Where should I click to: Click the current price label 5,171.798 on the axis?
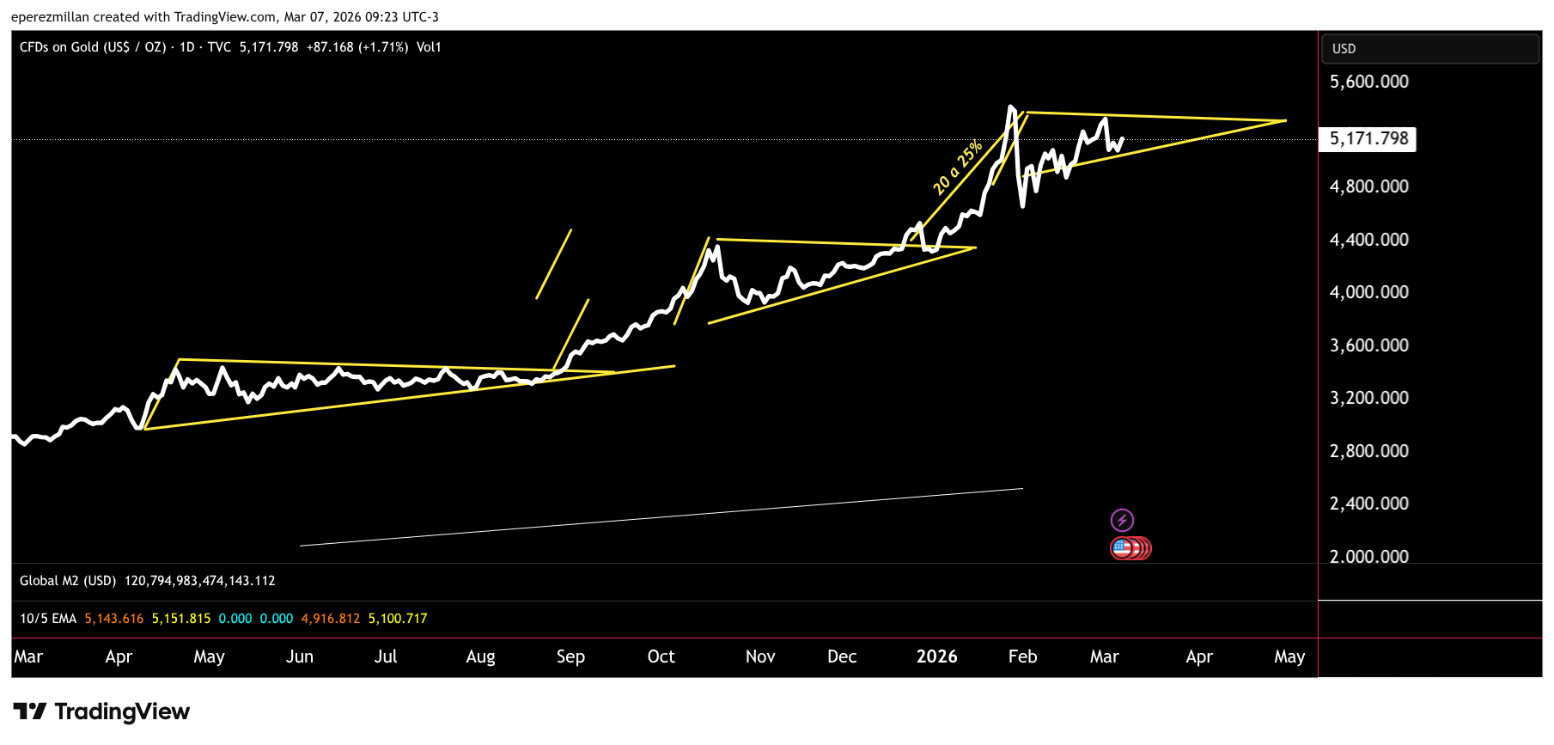(1368, 138)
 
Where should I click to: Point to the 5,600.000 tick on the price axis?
(1368, 82)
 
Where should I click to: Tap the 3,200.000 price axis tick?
(1368, 398)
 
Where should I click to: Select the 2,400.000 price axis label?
(1368, 504)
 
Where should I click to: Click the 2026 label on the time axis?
(936, 656)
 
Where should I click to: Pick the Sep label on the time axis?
(570, 656)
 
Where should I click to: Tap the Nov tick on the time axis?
(760, 656)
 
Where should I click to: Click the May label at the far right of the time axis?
(1289, 656)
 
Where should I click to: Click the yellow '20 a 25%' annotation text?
(957, 167)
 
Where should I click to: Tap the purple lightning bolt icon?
(1122, 520)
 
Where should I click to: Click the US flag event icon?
(1122, 547)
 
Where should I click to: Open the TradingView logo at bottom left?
(101, 711)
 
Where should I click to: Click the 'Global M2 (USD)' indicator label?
(68, 581)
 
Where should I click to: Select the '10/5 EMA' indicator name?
(48, 619)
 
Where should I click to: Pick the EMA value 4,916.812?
(330, 619)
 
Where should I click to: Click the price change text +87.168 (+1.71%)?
(357, 47)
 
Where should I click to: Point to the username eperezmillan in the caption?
(50, 17)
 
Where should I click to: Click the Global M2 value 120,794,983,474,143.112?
(199, 581)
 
